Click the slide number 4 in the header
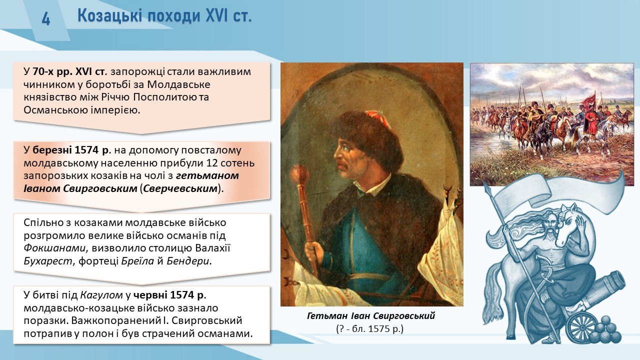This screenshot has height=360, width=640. [46, 19]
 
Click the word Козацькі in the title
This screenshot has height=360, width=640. [109, 16]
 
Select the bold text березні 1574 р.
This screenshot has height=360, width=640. [71, 150]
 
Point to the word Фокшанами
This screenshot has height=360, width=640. [55, 248]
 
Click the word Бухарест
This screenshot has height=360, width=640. [48, 261]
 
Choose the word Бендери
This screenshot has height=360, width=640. [187, 261]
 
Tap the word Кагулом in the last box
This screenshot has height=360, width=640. [101, 295]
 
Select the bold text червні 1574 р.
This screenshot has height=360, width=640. [169, 295]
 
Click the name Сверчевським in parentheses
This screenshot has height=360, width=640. [180, 189]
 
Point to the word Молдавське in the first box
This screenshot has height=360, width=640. [179, 84]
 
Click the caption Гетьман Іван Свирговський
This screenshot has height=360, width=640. [371, 316]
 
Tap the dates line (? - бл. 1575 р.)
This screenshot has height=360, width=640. [370, 329]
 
